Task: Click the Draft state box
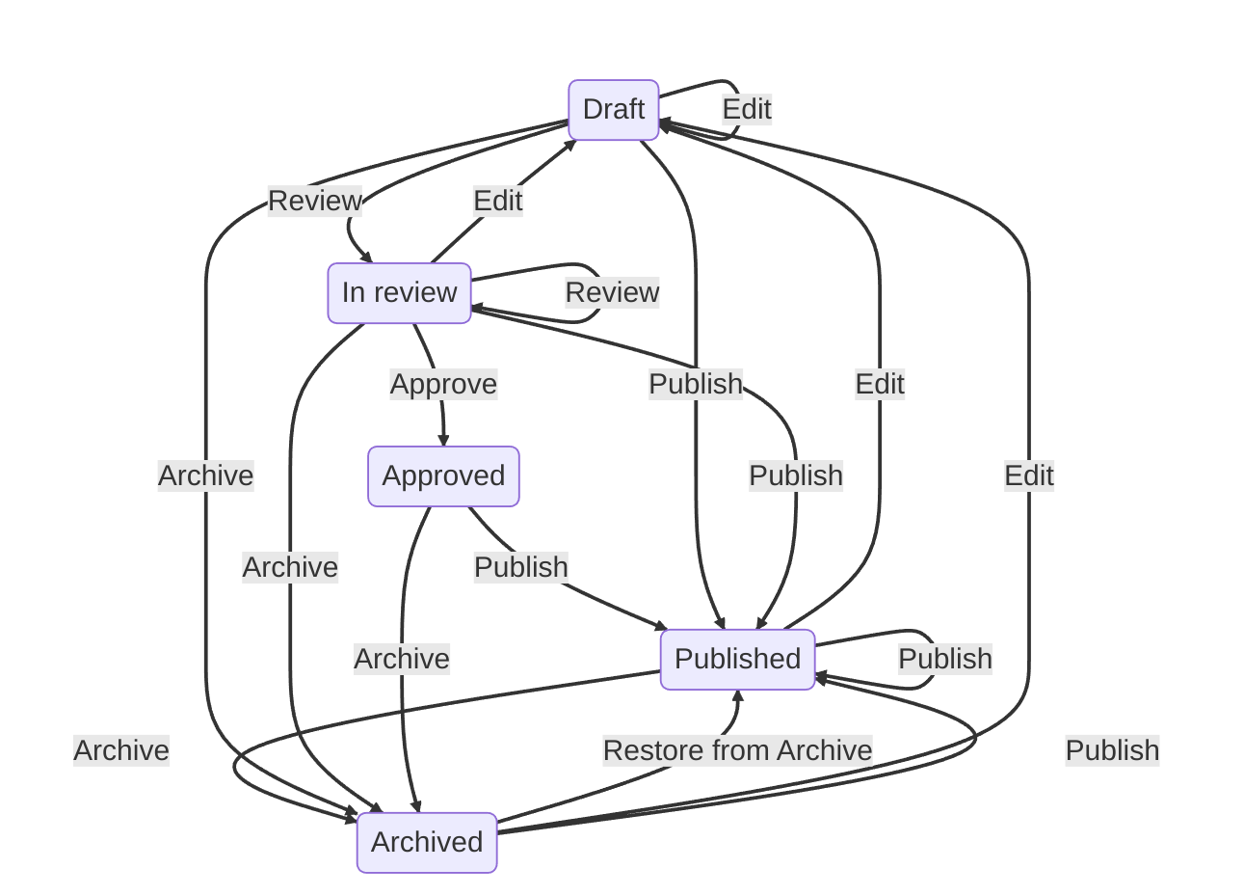coord(614,110)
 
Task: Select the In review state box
coord(399,293)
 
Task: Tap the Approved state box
coord(443,476)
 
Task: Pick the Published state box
coord(737,660)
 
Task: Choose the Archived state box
coord(427,843)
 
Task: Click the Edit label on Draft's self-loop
coord(747,109)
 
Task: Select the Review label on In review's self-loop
coord(612,292)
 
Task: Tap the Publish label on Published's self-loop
coord(944,659)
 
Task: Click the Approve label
coord(443,384)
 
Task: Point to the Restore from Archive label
coord(737,750)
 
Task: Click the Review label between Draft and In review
coord(314,201)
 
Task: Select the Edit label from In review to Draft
coord(498,201)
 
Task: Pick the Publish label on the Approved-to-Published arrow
coord(520,567)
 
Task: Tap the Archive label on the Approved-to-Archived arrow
coord(402,659)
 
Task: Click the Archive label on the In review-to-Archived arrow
coord(290,567)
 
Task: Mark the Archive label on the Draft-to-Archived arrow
coord(205,475)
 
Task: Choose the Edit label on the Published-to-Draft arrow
coord(880,384)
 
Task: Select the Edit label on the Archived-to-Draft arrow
coord(1029,475)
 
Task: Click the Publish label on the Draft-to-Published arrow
coord(696,384)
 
